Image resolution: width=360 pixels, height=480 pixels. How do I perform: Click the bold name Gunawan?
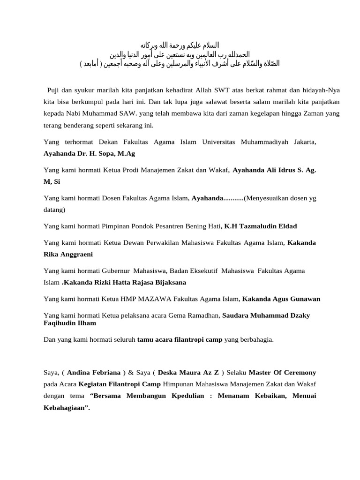[300, 299]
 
